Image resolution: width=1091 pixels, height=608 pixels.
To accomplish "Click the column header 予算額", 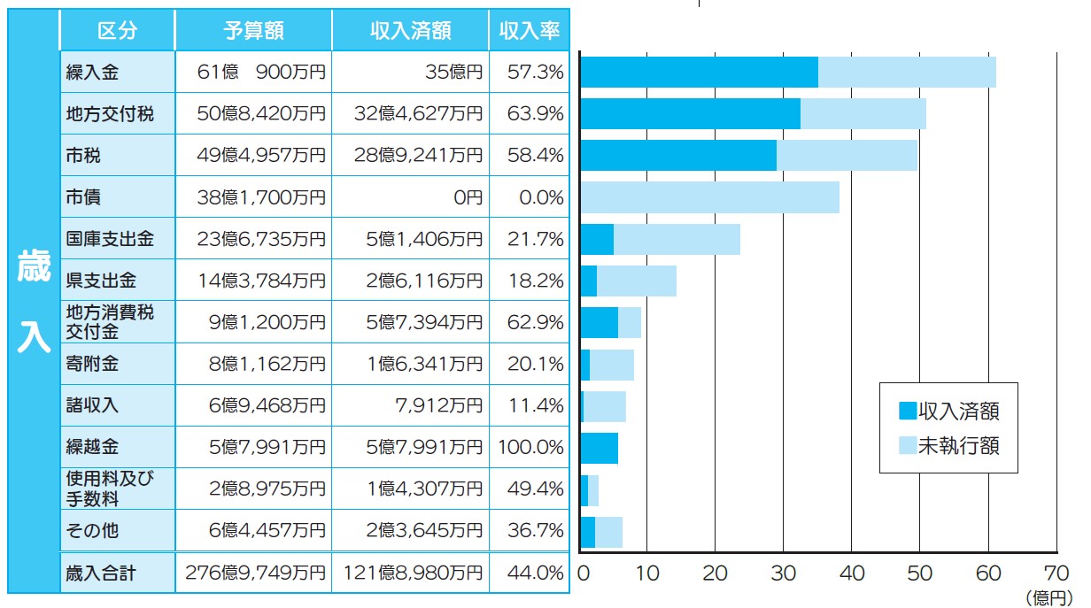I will click(253, 30).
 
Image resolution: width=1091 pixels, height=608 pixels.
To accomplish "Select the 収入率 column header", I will click(529, 30).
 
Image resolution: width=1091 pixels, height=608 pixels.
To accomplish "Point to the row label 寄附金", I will click(92, 364).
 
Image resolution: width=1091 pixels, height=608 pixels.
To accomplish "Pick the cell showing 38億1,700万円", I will click(261, 197).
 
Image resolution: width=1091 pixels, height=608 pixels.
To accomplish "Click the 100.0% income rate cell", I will click(530, 447).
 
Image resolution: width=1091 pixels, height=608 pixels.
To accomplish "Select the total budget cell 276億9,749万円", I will click(255, 573).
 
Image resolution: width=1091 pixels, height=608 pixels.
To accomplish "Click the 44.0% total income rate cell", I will click(536, 573).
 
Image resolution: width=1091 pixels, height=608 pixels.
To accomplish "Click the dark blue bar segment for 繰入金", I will click(699, 73).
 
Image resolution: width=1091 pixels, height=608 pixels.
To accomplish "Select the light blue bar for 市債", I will click(709, 197).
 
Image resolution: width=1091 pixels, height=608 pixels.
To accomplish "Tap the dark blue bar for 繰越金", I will click(599, 449).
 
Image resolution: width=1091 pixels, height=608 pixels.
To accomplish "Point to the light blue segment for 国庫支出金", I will click(677, 240).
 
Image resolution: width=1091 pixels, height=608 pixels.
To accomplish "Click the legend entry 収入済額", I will click(948, 411).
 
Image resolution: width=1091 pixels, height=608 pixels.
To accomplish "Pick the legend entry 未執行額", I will click(948, 444).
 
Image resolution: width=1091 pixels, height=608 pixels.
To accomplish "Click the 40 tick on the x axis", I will click(852, 573).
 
